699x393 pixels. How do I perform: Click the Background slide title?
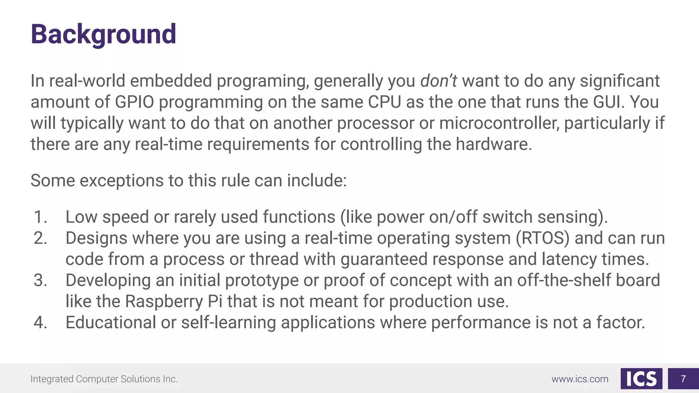pos(103,34)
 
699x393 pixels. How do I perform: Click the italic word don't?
pos(438,81)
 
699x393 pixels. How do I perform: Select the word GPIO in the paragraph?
pos(134,102)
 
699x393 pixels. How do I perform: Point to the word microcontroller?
pos(499,123)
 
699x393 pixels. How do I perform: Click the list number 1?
pos(40,217)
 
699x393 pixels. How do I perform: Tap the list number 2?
pos(40,238)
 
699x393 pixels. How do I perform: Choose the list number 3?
pos(40,280)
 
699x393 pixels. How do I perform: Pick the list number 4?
pos(40,323)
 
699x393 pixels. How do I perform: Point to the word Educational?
pos(111,323)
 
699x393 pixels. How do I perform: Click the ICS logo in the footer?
pos(641,379)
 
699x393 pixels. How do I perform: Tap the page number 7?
pos(683,379)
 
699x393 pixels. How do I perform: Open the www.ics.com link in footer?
pos(580,379)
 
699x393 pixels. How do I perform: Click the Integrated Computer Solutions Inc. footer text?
pos(104,379)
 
